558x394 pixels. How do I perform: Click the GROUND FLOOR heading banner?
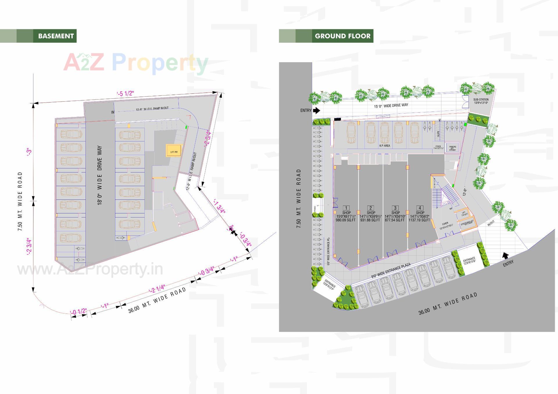tap(342, 36)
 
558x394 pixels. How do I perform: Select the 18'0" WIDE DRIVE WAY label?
tap(100, 176)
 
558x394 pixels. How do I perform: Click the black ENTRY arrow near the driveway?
tap(316, 110)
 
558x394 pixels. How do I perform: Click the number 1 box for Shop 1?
tap(346, 208)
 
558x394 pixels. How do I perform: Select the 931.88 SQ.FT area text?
tap(370, 220)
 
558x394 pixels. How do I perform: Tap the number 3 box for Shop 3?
tap(395, 208)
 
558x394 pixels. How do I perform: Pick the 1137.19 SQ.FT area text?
tap(419, 220)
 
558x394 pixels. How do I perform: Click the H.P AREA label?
tap(384, 146)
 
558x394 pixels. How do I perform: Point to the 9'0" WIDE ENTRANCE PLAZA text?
tap(391, 271)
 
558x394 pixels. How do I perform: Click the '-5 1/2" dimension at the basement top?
tap(125, 93)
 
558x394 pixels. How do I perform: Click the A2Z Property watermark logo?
tap(136, 63)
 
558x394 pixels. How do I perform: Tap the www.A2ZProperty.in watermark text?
tap(90, 270)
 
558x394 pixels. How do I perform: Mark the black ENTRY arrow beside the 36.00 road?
tap(506, 255)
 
